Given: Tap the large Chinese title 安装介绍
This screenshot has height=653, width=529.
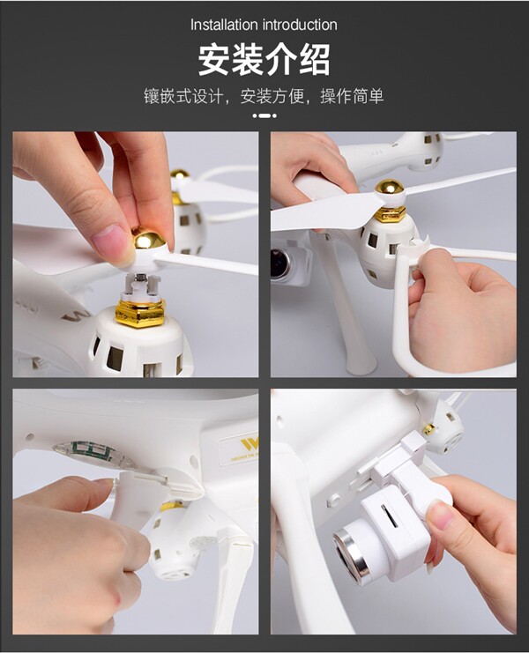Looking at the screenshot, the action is (x=264, y=60).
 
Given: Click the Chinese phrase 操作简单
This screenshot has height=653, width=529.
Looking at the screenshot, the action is (x=352, y=97).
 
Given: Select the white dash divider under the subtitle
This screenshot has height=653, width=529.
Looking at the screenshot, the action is (x=264, y=115).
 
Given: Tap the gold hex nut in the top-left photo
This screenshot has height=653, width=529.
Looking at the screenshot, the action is (x=140, y=314).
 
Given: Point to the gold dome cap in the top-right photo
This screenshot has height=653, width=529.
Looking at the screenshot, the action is (x=390, y=188).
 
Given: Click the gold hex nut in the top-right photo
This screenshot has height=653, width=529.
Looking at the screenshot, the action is (x=391, y=214).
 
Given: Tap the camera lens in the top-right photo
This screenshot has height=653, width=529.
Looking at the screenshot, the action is (x=280, y=263).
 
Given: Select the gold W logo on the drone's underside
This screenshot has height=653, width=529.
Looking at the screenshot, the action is (x=250, y=444).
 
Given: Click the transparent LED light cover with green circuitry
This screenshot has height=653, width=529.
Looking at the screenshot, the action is (x=94, y=456).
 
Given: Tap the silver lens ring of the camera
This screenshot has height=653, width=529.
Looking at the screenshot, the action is (x=352, y=556).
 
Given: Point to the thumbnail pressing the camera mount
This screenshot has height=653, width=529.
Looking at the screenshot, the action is (x=440, y=516).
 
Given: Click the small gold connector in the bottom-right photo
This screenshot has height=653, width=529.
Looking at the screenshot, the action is (x=428, y=429).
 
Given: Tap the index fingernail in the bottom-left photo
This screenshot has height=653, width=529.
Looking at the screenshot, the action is (x=103, y=482).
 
